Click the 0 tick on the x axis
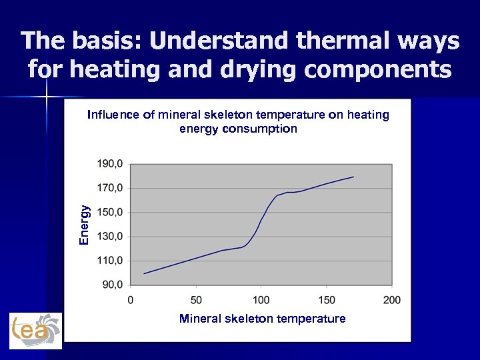(131, 300)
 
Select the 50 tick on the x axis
(196, 300)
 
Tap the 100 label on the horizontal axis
(261, 300)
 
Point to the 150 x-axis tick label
(327, 300)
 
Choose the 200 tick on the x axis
(392, 300)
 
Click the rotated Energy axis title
(84, 224)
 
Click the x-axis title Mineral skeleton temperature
(262, 319)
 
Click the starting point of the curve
(144, 273)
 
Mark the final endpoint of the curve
(353, 177)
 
